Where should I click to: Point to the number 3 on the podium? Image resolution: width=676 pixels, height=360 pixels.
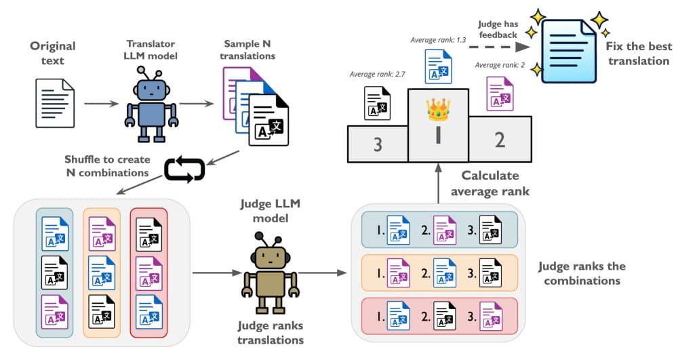pos(378,143)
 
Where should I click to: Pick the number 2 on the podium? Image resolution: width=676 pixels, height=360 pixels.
pos(500,140)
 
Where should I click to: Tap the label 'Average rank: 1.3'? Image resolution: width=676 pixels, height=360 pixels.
pos(438,40)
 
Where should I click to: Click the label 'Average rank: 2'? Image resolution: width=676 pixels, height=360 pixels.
pos(501,64)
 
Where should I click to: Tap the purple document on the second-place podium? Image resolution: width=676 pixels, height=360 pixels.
pos(499,93)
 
